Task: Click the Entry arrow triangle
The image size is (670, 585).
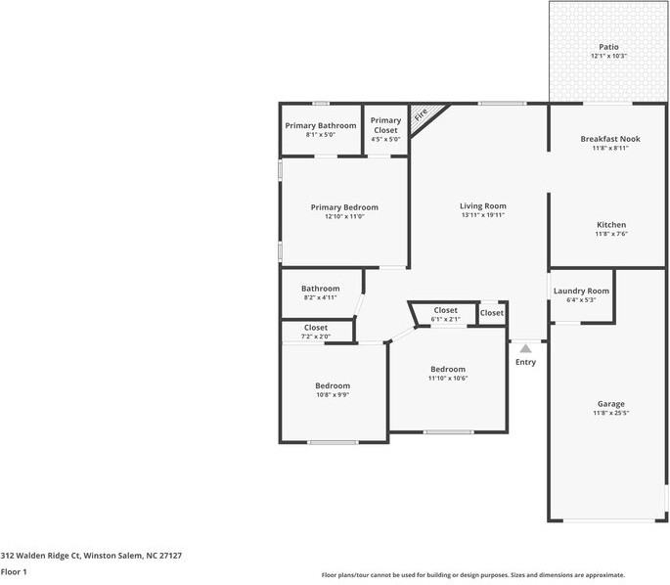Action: [x=525, y=347]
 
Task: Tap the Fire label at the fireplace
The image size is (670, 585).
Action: [x=421, y=115]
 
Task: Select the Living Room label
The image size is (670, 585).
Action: [x=483, y=205]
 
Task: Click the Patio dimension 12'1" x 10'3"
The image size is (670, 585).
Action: [x=608, y=57]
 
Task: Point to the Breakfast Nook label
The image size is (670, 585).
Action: [x=609, y=139]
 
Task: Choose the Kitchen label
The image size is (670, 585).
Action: [x=610, y=224]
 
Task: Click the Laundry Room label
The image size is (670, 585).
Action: [x=581, y=291]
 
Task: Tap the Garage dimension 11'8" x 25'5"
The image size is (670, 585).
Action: [x=611, y=413]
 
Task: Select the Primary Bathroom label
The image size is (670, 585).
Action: [x=321, y=125]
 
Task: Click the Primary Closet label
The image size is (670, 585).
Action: [x=385, y=125]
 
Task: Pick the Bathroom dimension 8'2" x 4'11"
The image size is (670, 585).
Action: [x=320, y=297]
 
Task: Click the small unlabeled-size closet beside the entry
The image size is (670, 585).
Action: [x=492, y=313]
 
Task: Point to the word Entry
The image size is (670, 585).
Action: [x=525, y=362]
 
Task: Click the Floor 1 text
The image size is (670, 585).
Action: [x=14, y=570]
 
